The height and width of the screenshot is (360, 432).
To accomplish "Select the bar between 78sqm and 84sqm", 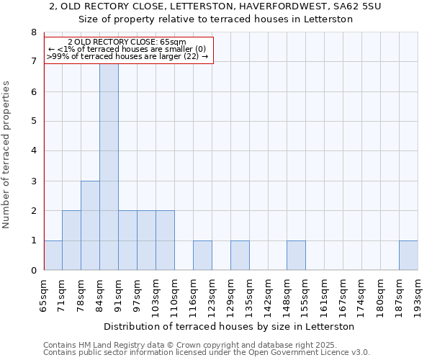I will tap(90, 225).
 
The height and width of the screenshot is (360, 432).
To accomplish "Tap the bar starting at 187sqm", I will tap(408, 256).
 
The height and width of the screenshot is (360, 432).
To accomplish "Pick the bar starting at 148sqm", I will tap(296, 256).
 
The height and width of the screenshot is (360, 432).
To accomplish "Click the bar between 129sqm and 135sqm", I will tap(240, 256).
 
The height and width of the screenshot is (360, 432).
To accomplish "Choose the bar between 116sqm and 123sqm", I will tap(202, 256).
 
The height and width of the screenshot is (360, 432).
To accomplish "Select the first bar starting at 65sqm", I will tap(53, 256).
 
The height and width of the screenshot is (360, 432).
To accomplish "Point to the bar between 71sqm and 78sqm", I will tap(71, 240).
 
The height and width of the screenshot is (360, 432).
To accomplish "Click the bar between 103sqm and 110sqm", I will tap(165, 240).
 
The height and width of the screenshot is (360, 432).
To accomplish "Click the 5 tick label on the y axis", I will tap(33, 122).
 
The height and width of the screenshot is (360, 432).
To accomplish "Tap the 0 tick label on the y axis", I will tap(33, 271).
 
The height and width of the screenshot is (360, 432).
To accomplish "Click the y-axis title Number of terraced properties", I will tap(7, 154).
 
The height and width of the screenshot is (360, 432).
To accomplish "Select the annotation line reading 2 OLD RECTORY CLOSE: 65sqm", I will tap(127, 42).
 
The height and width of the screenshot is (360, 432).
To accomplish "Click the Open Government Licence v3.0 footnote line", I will tap(207, 353).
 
